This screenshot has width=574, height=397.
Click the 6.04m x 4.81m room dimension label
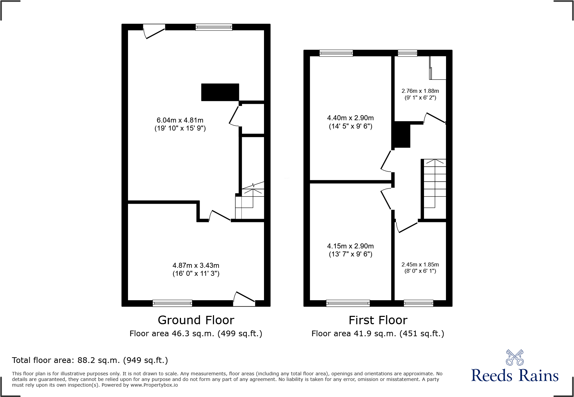pyautogui.click(x=180, y=124)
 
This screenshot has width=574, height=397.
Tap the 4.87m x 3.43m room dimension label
pyautogui.click(x=196, y=269)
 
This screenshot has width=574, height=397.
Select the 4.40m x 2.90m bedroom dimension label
pyautogui.click(x=350, y=122)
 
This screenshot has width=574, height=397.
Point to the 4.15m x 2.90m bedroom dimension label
pyautogui.click(x=350, y=250)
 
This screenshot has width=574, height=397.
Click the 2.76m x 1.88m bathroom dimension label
pyautogui.click(x=420, y=94)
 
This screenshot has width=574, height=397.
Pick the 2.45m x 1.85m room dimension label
pyautogui.click(x=420, y=267)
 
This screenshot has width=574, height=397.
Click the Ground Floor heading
pyautogui.click(x=196, y=320)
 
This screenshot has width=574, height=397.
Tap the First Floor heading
pyautogui.click(x=378, y=320)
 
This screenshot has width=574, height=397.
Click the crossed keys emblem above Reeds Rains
pyautogui.click(x=515, y=358)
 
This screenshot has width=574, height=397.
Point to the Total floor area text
pyautogui.click(x=90, y=360)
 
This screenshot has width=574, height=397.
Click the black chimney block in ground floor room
pyautogui.click(x=220, y=92)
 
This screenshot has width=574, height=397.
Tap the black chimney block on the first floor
pyautogui.click(x=402, y=136)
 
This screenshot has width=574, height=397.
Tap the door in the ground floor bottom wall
pyautogui.click(x=244, y=299)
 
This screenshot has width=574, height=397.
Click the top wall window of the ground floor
pyautogui.click(x=214, y=27)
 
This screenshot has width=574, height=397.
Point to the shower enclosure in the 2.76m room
pyautogui.click(x=438, y=68)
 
